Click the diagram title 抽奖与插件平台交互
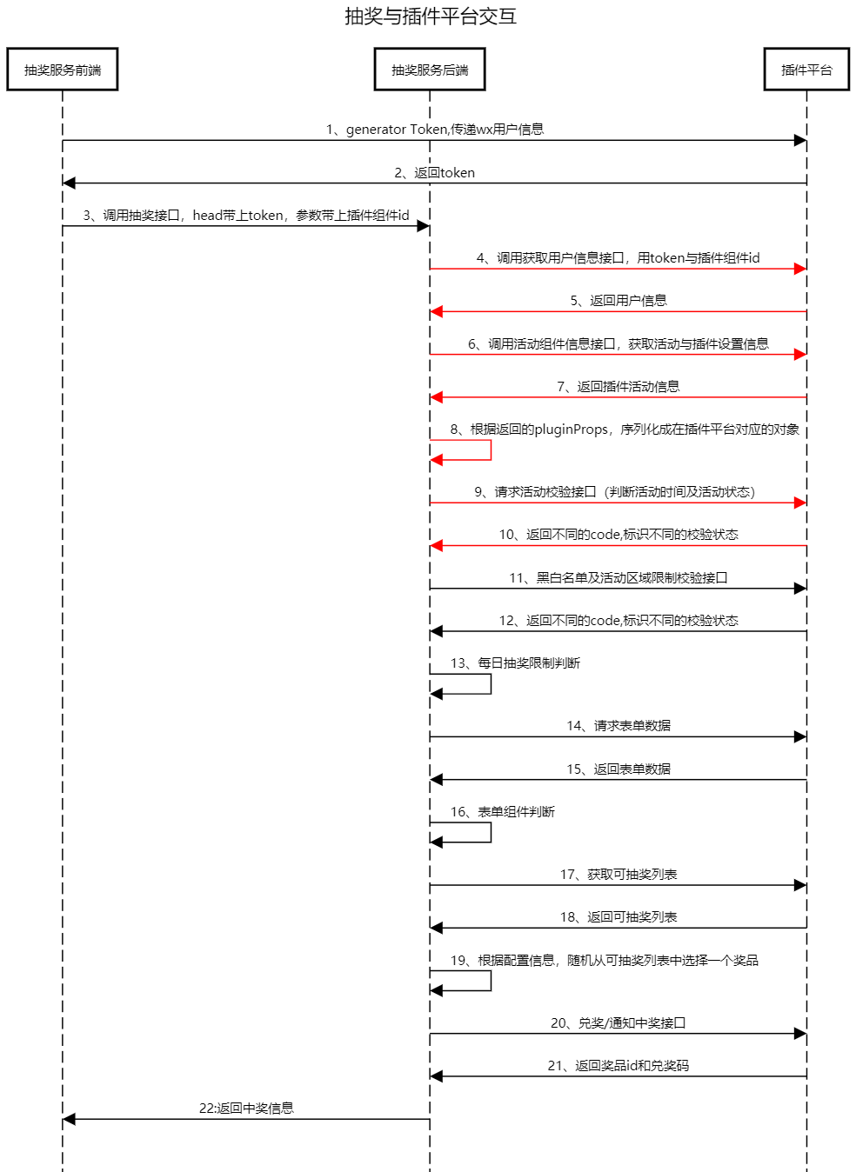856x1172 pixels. [x=431, y=17]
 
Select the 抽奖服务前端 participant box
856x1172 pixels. [x=63, y=69]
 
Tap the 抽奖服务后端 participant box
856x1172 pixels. [x=430, y=69]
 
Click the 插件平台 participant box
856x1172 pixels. [x=806, y=69]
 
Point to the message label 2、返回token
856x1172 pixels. [x=435, y=173]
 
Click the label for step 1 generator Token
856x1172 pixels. [x=435, y=130]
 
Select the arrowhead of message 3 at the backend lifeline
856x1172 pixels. [x=424, y=226]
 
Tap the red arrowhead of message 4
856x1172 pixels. [x=800, y=269]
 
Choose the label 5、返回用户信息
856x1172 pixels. [x=619, y=300]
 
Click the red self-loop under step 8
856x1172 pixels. [x=491, y=450]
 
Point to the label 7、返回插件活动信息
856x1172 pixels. [x=619, y=386]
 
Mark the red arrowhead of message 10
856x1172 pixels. [x=436, y=546]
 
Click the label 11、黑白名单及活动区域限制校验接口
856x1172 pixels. [x=619, y=577]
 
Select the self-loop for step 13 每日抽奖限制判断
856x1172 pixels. [x=491, y=684]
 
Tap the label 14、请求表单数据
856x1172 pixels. [x=619, y=726]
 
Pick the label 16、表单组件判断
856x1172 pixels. [x=503, y=811]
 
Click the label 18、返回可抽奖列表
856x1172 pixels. [x=619, y=916]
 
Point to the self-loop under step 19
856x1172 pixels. [x=491, y=981]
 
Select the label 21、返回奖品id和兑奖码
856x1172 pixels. [x=619, y=1065]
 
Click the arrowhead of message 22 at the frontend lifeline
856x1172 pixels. [x=69, y=1119]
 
